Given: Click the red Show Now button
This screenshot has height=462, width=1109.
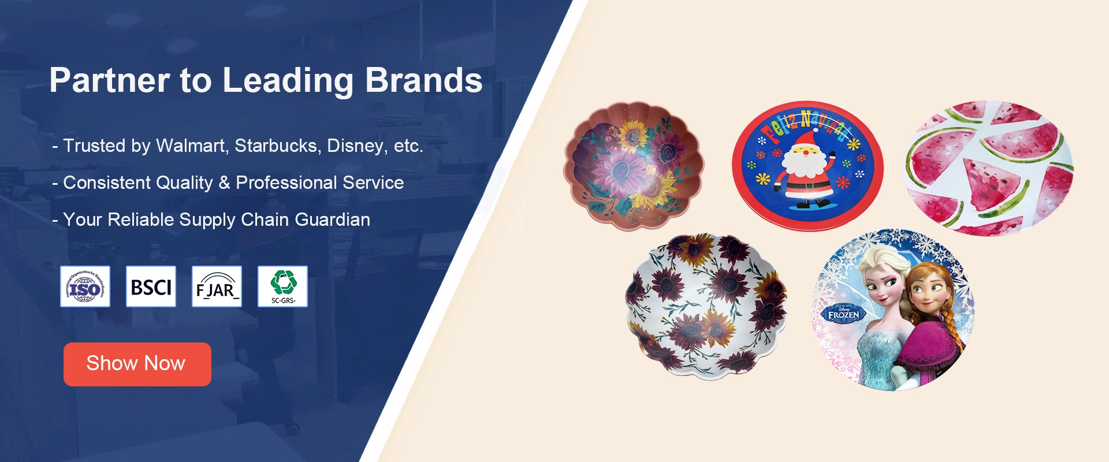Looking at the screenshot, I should (137, 364).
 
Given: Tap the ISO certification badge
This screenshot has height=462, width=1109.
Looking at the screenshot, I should (85, 286).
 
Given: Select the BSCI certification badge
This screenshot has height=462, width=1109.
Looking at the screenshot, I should (151, 286).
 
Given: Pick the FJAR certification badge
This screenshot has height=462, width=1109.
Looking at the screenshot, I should (217, 286).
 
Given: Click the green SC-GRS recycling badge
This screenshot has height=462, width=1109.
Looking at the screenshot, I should (282, 286).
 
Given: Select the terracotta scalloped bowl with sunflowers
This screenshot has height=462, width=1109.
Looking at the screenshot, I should (634, 166).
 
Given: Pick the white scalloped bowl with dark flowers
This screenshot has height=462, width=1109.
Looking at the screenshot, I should (706, 306).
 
